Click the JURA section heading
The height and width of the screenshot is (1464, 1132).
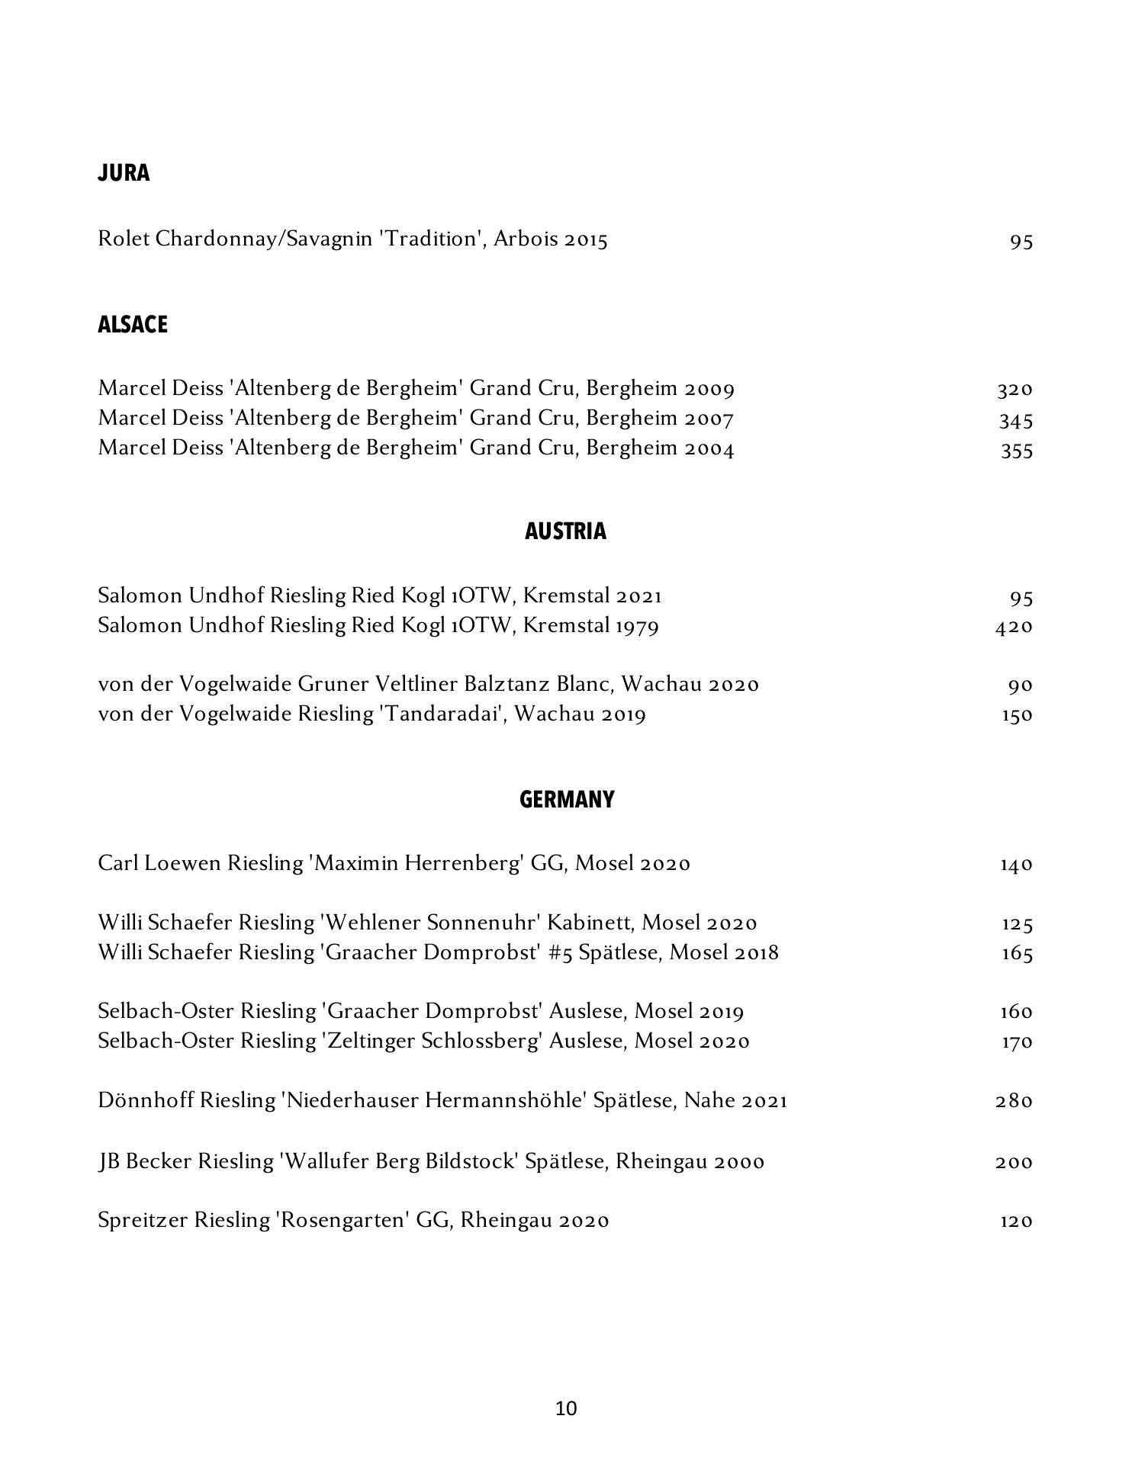click(124, 173)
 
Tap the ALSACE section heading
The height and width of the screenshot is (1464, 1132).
click(133, 325)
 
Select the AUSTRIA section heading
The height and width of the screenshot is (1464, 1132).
click(565, 531)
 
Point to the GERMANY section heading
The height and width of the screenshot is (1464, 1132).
click(566, 800)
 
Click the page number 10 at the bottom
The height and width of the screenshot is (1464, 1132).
click(566, 1408)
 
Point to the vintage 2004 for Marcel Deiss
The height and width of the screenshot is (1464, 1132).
click(709, 448)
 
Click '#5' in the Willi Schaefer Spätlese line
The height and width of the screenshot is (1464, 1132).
click(560, 953)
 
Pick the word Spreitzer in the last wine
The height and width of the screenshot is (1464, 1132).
click(143, 1221)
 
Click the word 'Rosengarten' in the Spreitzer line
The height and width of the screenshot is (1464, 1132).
click(342, 1221)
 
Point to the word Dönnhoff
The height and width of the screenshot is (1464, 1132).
click(146, 1101)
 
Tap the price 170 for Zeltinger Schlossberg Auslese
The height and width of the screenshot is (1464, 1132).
click(1016, 1042)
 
